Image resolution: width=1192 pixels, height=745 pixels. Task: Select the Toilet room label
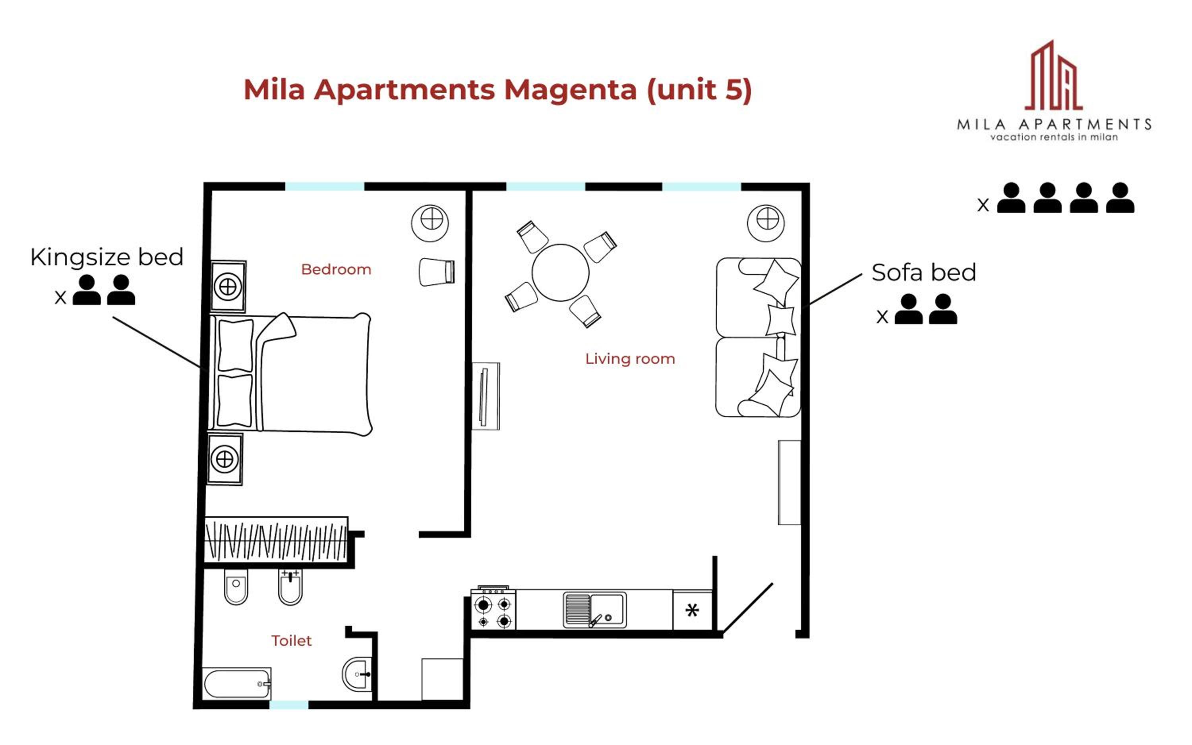(x=291, y=641)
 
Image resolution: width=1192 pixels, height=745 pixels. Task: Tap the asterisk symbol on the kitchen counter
(x=692, y=610)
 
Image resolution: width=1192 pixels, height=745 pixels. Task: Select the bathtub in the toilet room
(x=237, y=683)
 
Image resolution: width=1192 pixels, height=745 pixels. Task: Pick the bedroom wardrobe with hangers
(x=276, y=540)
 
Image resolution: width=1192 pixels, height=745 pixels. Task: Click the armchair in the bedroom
(x=437, y=272)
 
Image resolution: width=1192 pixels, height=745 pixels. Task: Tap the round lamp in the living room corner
(x=766, y=223)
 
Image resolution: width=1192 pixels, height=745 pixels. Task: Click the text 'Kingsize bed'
(x=107, y=257)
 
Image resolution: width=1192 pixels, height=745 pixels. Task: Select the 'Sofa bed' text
(x=923, y=272)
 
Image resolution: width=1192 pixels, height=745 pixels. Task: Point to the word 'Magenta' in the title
(x=570, y=90)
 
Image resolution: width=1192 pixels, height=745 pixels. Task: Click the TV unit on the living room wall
(x=486, y=396)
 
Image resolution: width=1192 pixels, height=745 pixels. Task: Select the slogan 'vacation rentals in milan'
(x=1054, y=137)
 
